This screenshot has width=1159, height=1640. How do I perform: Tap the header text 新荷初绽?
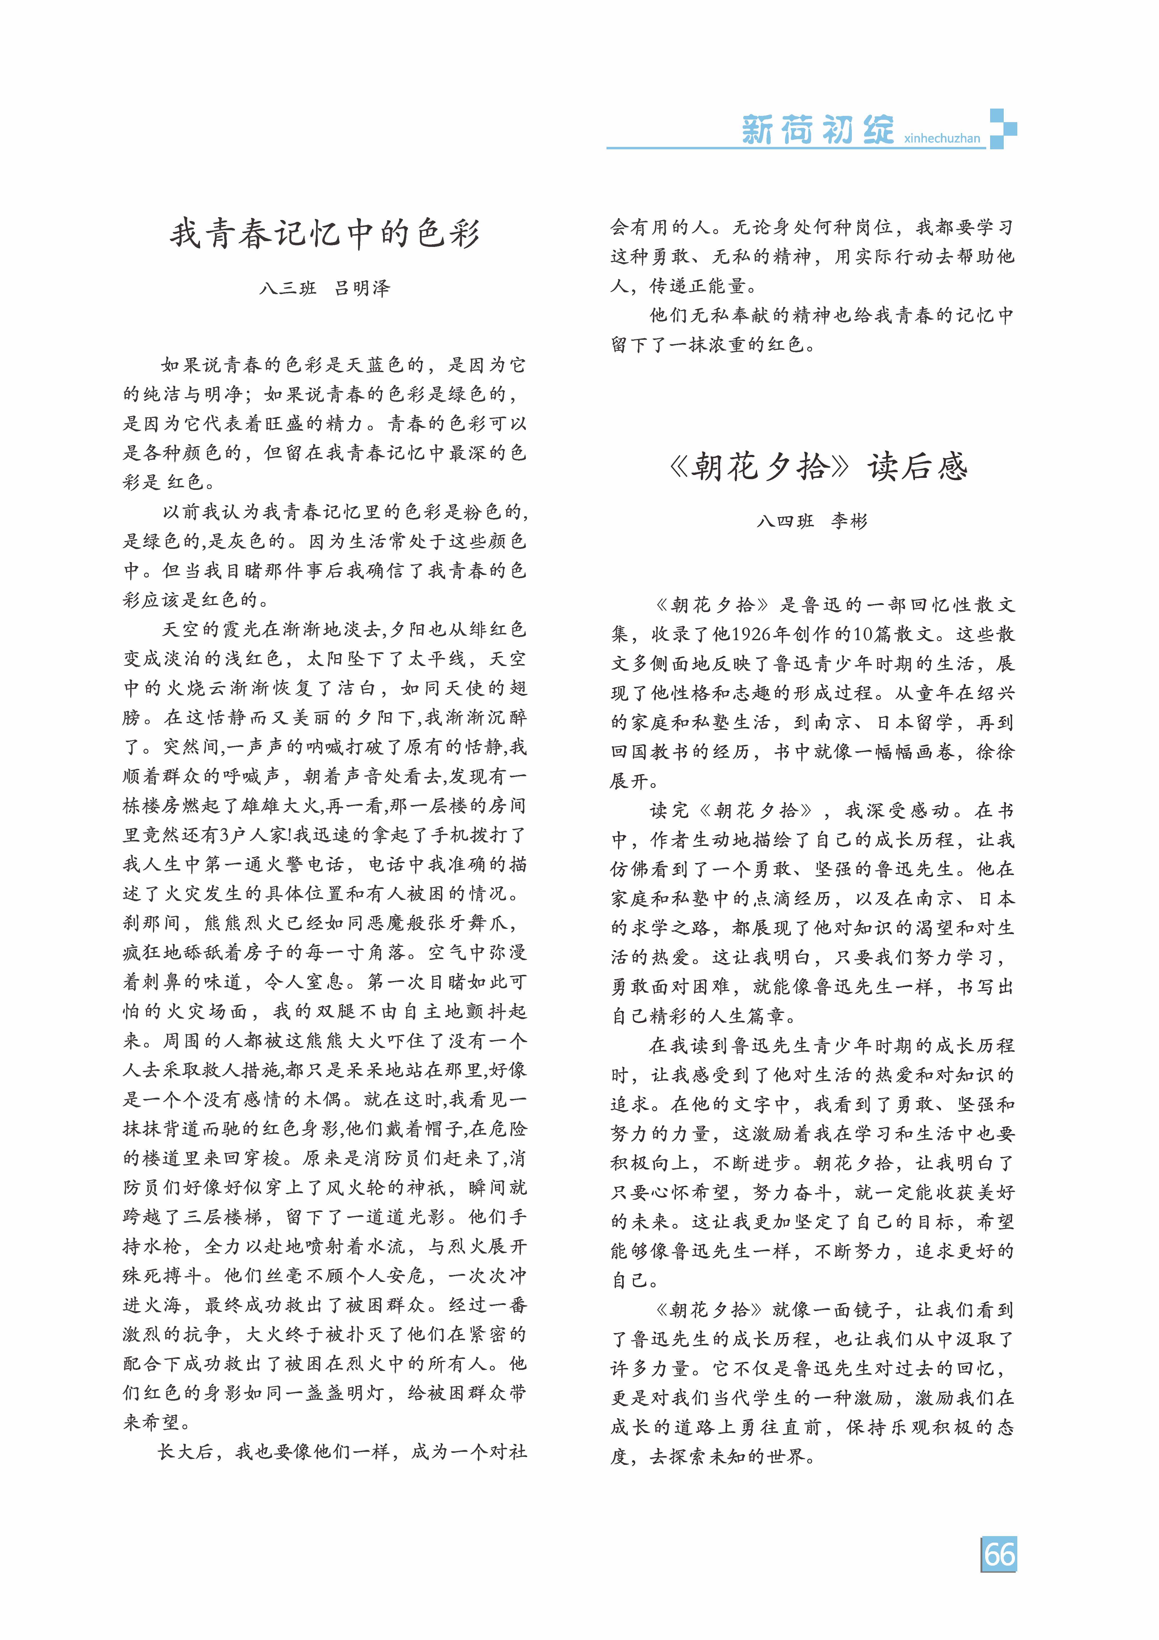(818, 130)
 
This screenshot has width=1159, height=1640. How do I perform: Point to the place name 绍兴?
(994, 693)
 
